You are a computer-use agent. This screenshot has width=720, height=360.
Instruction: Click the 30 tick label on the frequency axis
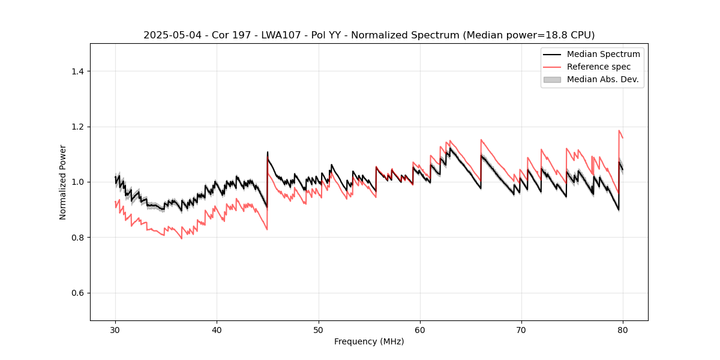tap(115, 329)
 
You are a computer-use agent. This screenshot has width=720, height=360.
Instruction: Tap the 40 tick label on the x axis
tap(217, 329)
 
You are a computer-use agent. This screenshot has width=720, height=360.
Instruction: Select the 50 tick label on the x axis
tap(319, 329)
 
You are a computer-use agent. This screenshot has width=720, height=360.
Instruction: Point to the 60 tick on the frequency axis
tap(420, 329)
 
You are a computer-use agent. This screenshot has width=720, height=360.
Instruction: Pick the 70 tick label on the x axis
tap(521, 329)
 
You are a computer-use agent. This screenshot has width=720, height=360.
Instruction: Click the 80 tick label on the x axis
tap(623, 329)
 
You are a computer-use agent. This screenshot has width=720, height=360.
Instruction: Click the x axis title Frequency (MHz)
tap(369, 341)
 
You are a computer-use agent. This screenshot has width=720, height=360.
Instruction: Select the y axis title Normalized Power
tap(63, 182)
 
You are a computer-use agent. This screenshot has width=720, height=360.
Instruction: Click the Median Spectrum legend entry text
tap(603, 54)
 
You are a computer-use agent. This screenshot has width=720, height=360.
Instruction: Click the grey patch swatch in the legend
tap(552, 79)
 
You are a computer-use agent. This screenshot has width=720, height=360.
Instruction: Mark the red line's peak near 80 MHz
tap(619, 130)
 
